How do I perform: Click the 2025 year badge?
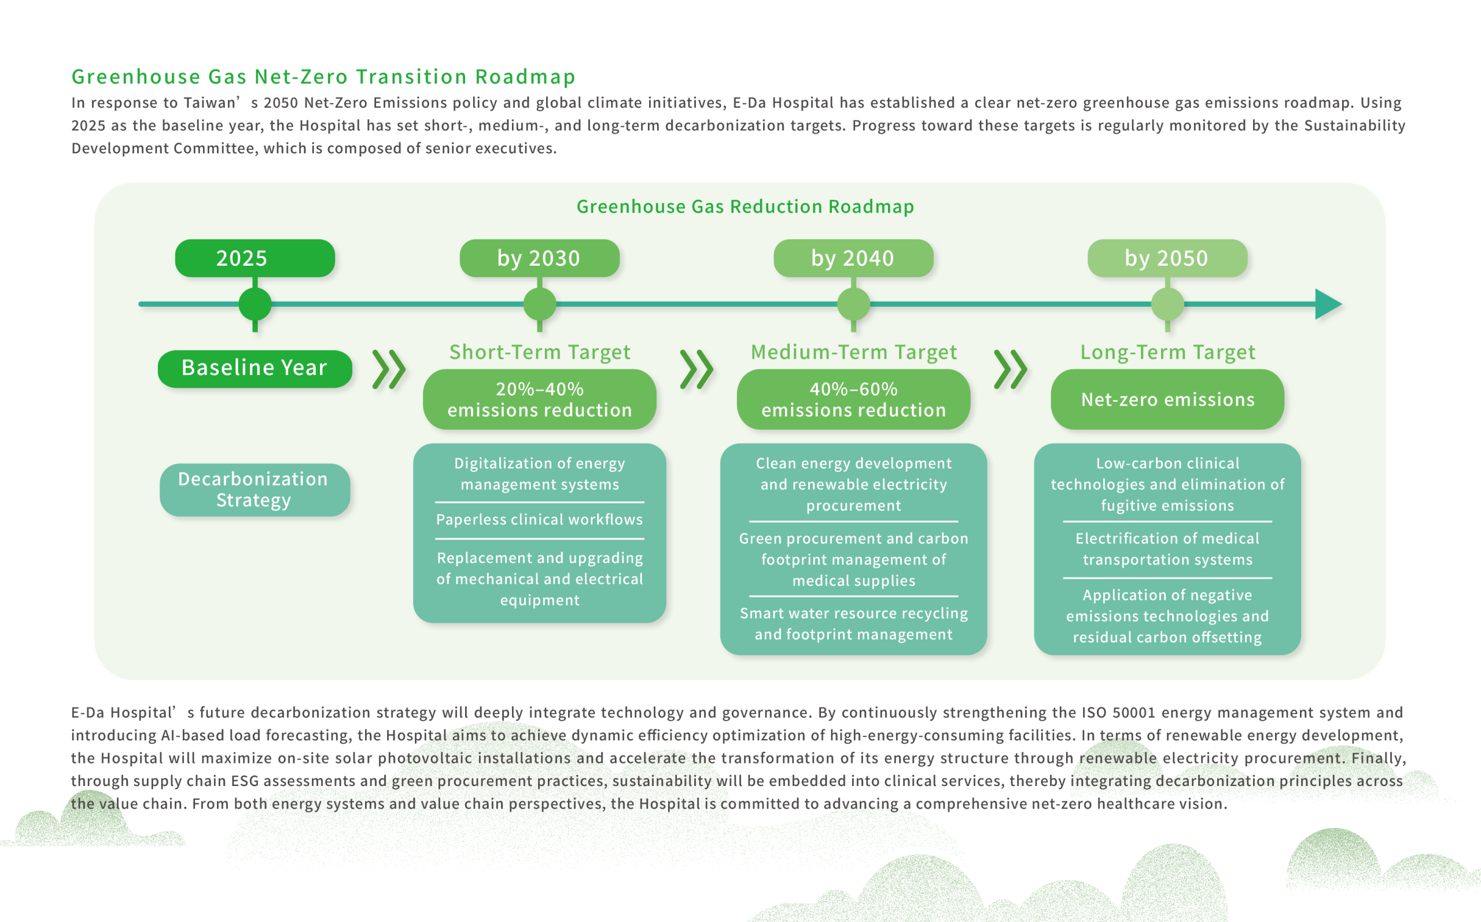[x=255, y=258]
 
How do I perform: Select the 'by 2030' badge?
[x=539, y=258]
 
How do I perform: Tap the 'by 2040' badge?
[x=853, y=258]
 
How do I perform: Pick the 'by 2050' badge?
[x=1167, y=258]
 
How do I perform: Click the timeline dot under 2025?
[x=255, y=304]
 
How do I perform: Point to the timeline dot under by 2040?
[x=853, y=304]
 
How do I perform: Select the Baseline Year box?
[x=255, y=368]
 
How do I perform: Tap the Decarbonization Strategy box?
[x=255, y=490]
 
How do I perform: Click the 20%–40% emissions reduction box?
[x=539, y=399]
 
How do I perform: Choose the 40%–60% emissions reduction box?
[x=853, y=399]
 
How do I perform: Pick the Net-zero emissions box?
[x=1167, y=399]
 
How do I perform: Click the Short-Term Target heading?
[x=539, y=352]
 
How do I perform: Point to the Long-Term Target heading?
[x=1167, y=352]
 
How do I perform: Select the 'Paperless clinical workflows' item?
[x=539, y=520]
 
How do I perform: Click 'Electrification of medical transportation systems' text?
[x=1167, y=549]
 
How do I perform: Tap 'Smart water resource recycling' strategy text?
[x=853, y=613]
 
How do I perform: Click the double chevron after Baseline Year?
[x=389, y=369]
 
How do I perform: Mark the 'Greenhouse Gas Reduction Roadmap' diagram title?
[x=745, y=207]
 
